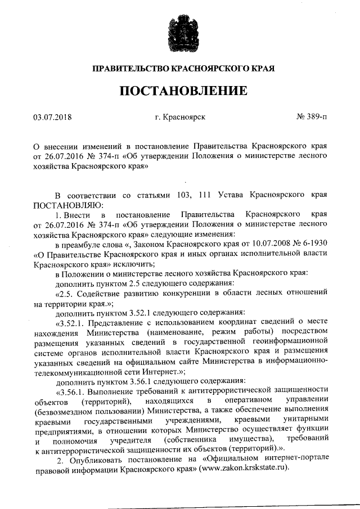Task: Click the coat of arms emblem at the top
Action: click(x=180, y=33)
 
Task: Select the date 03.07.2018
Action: click(x=53, y=117)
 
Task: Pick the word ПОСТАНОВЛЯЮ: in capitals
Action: click(x=65, y=205)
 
